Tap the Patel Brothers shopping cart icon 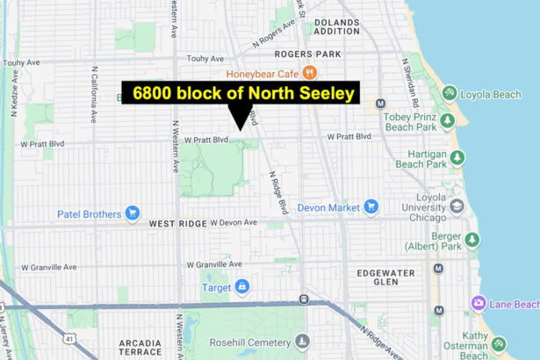[x=133, y=212]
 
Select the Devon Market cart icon [x=371, y=206]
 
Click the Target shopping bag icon [x=241, y=286]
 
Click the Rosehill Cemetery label [x=257, y=341]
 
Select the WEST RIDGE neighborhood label [x=177, y=224]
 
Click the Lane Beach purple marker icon [x=479, y=304]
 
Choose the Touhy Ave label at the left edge [x=22, y=62]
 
